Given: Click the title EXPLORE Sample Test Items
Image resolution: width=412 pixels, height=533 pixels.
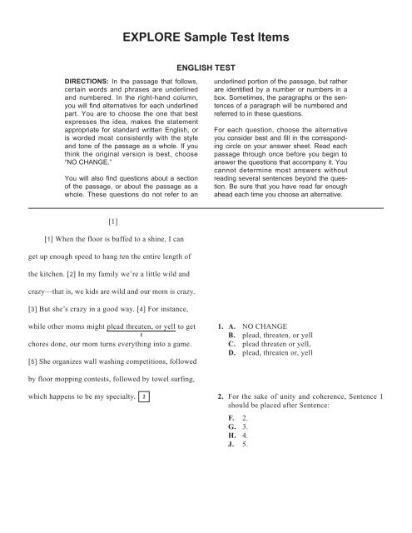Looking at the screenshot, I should click(206, 39).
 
